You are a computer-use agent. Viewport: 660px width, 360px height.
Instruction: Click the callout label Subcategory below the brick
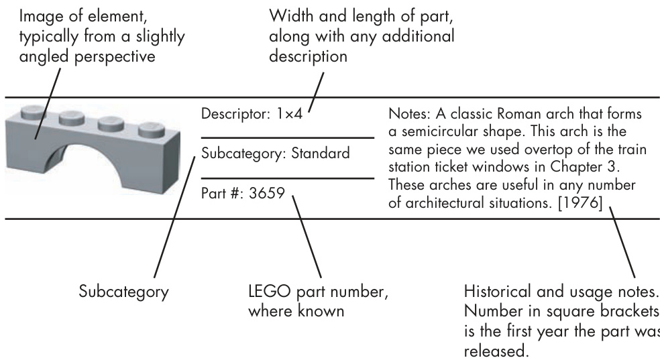pos(123,293)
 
